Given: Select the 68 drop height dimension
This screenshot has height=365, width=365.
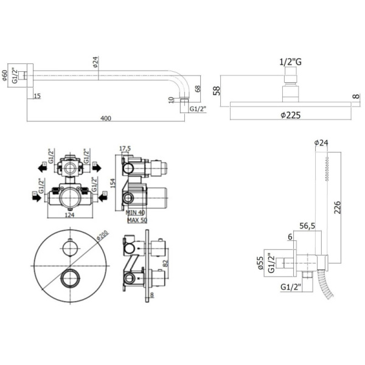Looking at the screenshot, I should (197, 89).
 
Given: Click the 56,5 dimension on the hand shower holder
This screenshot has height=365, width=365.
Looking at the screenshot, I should (307, 227).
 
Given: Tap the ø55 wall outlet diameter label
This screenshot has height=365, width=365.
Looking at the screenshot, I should (261, 263).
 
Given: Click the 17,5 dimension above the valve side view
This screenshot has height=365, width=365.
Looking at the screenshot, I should (125, 148).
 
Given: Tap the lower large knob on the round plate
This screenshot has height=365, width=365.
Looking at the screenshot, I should (71, 279).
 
